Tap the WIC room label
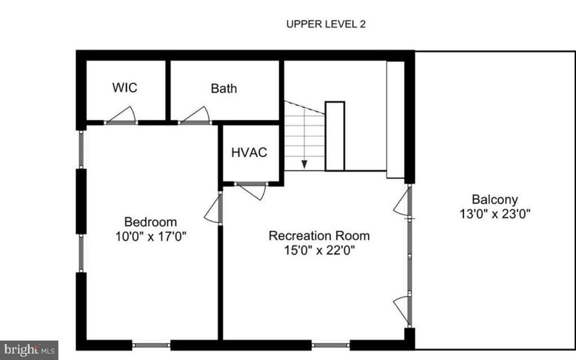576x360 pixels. tap(124, 88)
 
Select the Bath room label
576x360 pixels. tap(224, 88)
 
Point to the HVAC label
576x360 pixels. tap(249, 152)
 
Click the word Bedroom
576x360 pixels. tap(150, 222)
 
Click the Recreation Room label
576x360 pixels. tap(319, 235)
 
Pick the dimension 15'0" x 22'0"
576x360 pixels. tap(319, 250)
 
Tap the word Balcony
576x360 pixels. tap(494, 199)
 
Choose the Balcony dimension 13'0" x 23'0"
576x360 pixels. tap(494, 214)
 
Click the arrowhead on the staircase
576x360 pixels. tap(304, 164)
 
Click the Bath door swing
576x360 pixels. tap(196, 115)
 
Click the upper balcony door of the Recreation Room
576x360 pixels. tap(402, 204)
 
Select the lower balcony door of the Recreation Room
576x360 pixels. tap(402, 309)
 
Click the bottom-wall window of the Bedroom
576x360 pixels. tap(152, 344)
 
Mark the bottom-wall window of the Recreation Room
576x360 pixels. tap(331, 344)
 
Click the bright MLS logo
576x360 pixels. tap(29, 349)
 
